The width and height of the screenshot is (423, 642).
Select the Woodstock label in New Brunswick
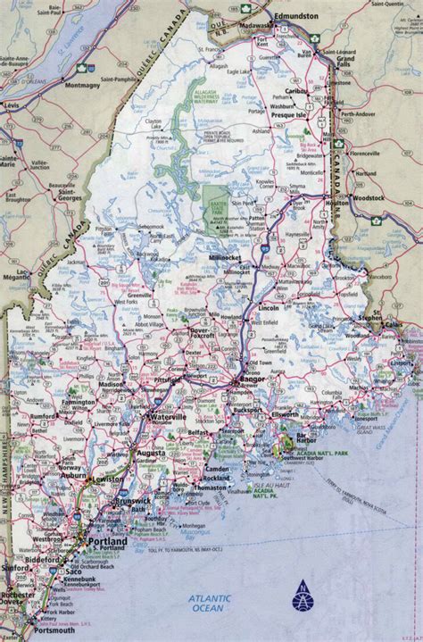[391, 170]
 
